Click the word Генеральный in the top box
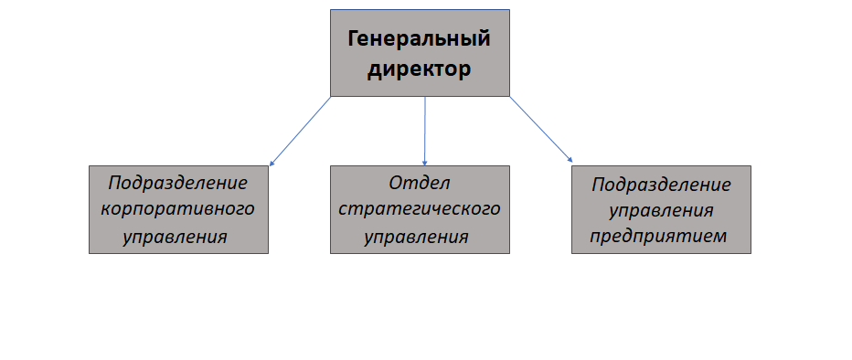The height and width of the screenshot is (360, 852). (x=420, y=39)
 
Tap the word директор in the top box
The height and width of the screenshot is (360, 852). (x=419, y=69)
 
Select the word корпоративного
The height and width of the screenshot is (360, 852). (x=177, y=210)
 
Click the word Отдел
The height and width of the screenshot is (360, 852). (x=420, y=183)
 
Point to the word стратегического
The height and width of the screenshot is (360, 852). (x=419, y=210)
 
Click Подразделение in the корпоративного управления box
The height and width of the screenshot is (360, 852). (x=177, y=184)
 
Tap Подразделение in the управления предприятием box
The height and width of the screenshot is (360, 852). (x=661, y=185)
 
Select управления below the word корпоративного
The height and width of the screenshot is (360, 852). (x=175, y=238)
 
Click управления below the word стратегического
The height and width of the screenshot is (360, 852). (x=416, y=238)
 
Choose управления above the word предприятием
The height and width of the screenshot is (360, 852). (x=661, y=211)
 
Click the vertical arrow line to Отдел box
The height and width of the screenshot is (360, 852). (x=425, y=131)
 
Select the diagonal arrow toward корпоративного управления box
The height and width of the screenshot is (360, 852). (x=300, y=132)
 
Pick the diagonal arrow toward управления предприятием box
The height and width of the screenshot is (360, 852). (x=541, y=129)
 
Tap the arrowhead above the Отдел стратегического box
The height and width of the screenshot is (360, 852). (x=425, y=163)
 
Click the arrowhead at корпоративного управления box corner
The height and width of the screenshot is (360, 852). (x=272, y=164)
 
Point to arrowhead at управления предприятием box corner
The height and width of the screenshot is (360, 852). (x=570, y=160)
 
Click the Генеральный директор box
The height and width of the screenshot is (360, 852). (x=420, y=53)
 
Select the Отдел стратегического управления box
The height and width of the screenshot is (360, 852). (x=420, y=209)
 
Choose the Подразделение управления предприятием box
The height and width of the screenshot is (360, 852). (x=661, y=209)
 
